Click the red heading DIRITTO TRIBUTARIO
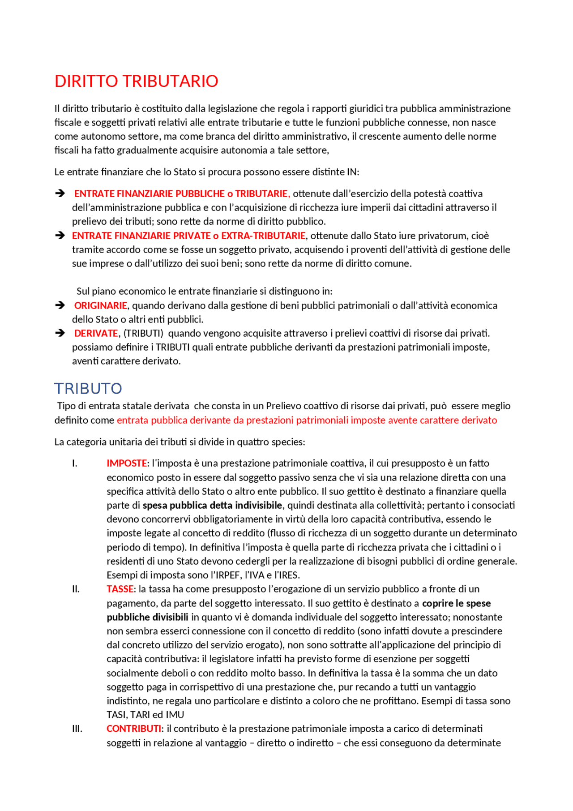point(136,81)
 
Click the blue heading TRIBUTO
point(88,388)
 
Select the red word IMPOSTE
point(127,463)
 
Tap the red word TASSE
point(120,589)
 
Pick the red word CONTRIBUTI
point(133,728)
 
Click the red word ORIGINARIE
point(101,305)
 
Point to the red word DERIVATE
point(96,333)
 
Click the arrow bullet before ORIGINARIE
point(60,305)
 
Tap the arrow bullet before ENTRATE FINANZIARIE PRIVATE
point(60,236)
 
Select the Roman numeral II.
point(76,589)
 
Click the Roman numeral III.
point(77,729)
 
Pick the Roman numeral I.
point(74,463)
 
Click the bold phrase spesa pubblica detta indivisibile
point(212,505)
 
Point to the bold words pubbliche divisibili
point(147,617)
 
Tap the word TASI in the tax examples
point(116,715)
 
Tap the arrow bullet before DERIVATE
point(60,333)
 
